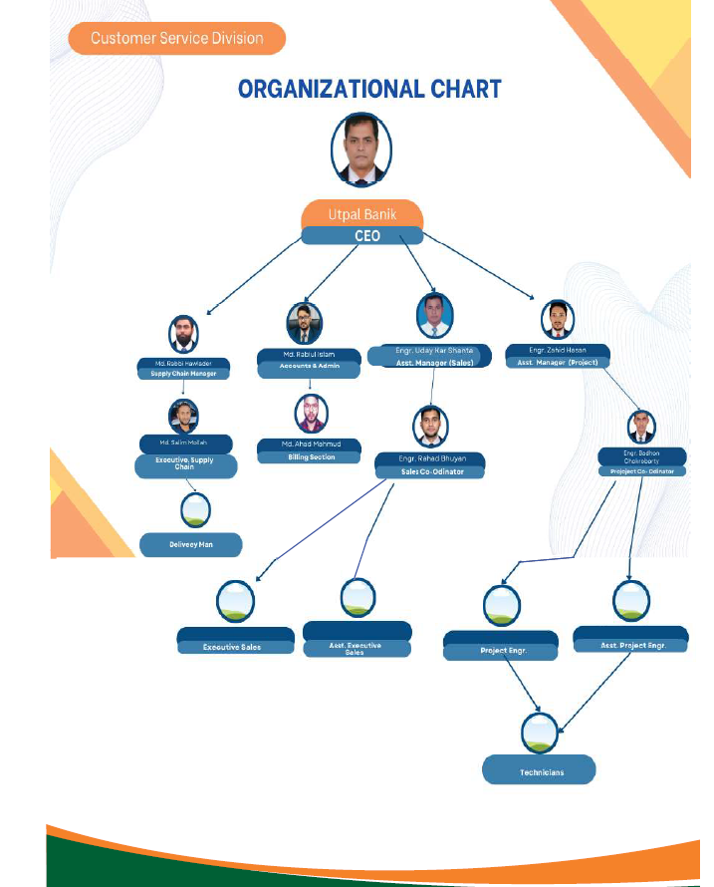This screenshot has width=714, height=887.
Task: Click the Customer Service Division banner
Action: (176, 39)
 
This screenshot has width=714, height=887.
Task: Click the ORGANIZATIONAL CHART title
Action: (369, 90)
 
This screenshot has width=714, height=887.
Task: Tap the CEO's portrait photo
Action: (360, 149)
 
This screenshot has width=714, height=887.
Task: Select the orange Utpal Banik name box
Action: (362, 214)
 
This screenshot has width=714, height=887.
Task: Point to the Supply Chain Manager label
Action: (183, 374)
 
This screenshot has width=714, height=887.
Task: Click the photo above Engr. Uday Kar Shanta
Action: (434, 316)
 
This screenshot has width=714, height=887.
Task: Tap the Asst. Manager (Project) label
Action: (557, 363)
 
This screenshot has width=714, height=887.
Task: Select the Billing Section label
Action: (311, 457)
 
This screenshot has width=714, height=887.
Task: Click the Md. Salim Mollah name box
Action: (186, 443)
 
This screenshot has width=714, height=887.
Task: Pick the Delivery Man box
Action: (191, 545)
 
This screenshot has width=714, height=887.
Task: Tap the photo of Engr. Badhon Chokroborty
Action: (641, 427)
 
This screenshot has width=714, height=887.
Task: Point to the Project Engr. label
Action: (503, 652)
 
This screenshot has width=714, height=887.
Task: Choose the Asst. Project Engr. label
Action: (632, 646)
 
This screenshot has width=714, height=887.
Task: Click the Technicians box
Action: (540, 770)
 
